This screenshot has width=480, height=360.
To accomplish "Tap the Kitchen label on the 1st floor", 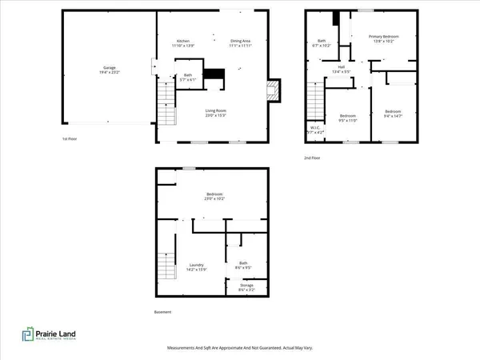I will pos(183,42).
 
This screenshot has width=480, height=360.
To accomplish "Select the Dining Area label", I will pos(241,42).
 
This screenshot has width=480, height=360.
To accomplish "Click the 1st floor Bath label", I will pos(166,77).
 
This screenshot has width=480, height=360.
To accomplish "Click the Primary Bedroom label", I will pos(382,39).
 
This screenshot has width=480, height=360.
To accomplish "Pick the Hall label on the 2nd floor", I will pos(341,70).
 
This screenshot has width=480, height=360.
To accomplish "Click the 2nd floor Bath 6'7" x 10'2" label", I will pos(322,43).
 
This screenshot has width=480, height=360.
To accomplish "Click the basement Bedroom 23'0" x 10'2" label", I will pos(213,196).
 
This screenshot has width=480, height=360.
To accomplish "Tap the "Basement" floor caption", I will pos(162,312).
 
